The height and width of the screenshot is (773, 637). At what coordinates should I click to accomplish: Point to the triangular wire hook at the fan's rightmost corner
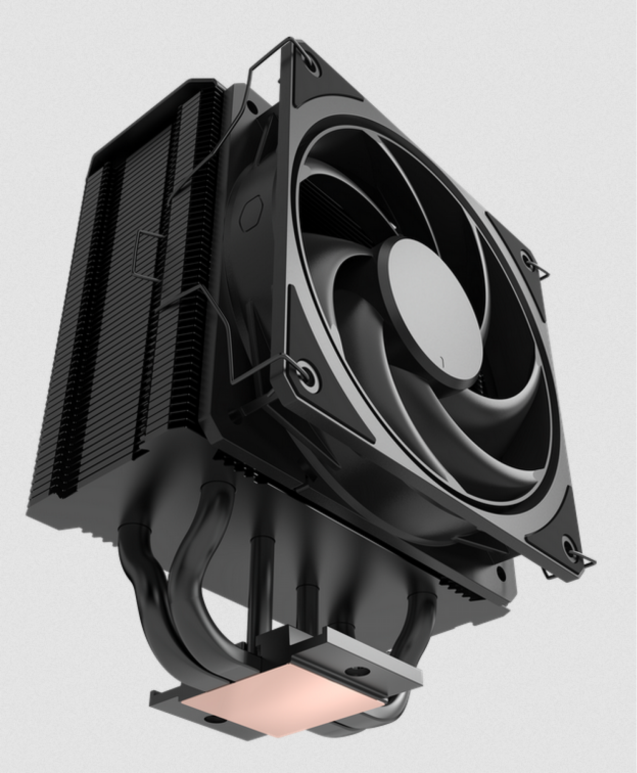click(x=541, y=272)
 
